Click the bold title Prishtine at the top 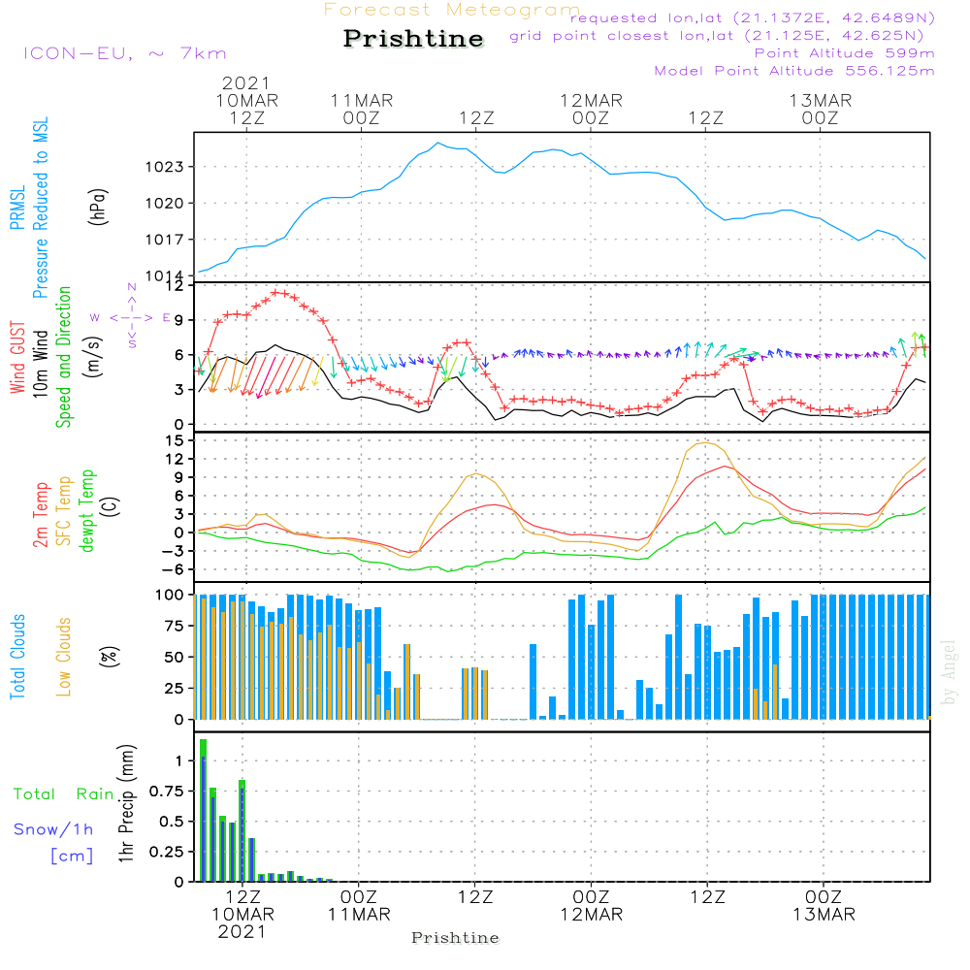[x=413, y=39]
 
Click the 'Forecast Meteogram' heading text [x=452, y=10]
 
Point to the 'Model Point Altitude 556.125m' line [x=794, y=71]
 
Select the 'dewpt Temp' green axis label [x=88, y=512]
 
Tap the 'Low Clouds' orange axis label [x=64, y=657]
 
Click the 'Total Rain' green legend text [x=63, y=794]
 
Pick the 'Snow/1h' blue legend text [x=53, y=830]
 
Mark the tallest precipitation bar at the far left [x=203, y=810]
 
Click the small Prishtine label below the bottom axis [x=455, y=938]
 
